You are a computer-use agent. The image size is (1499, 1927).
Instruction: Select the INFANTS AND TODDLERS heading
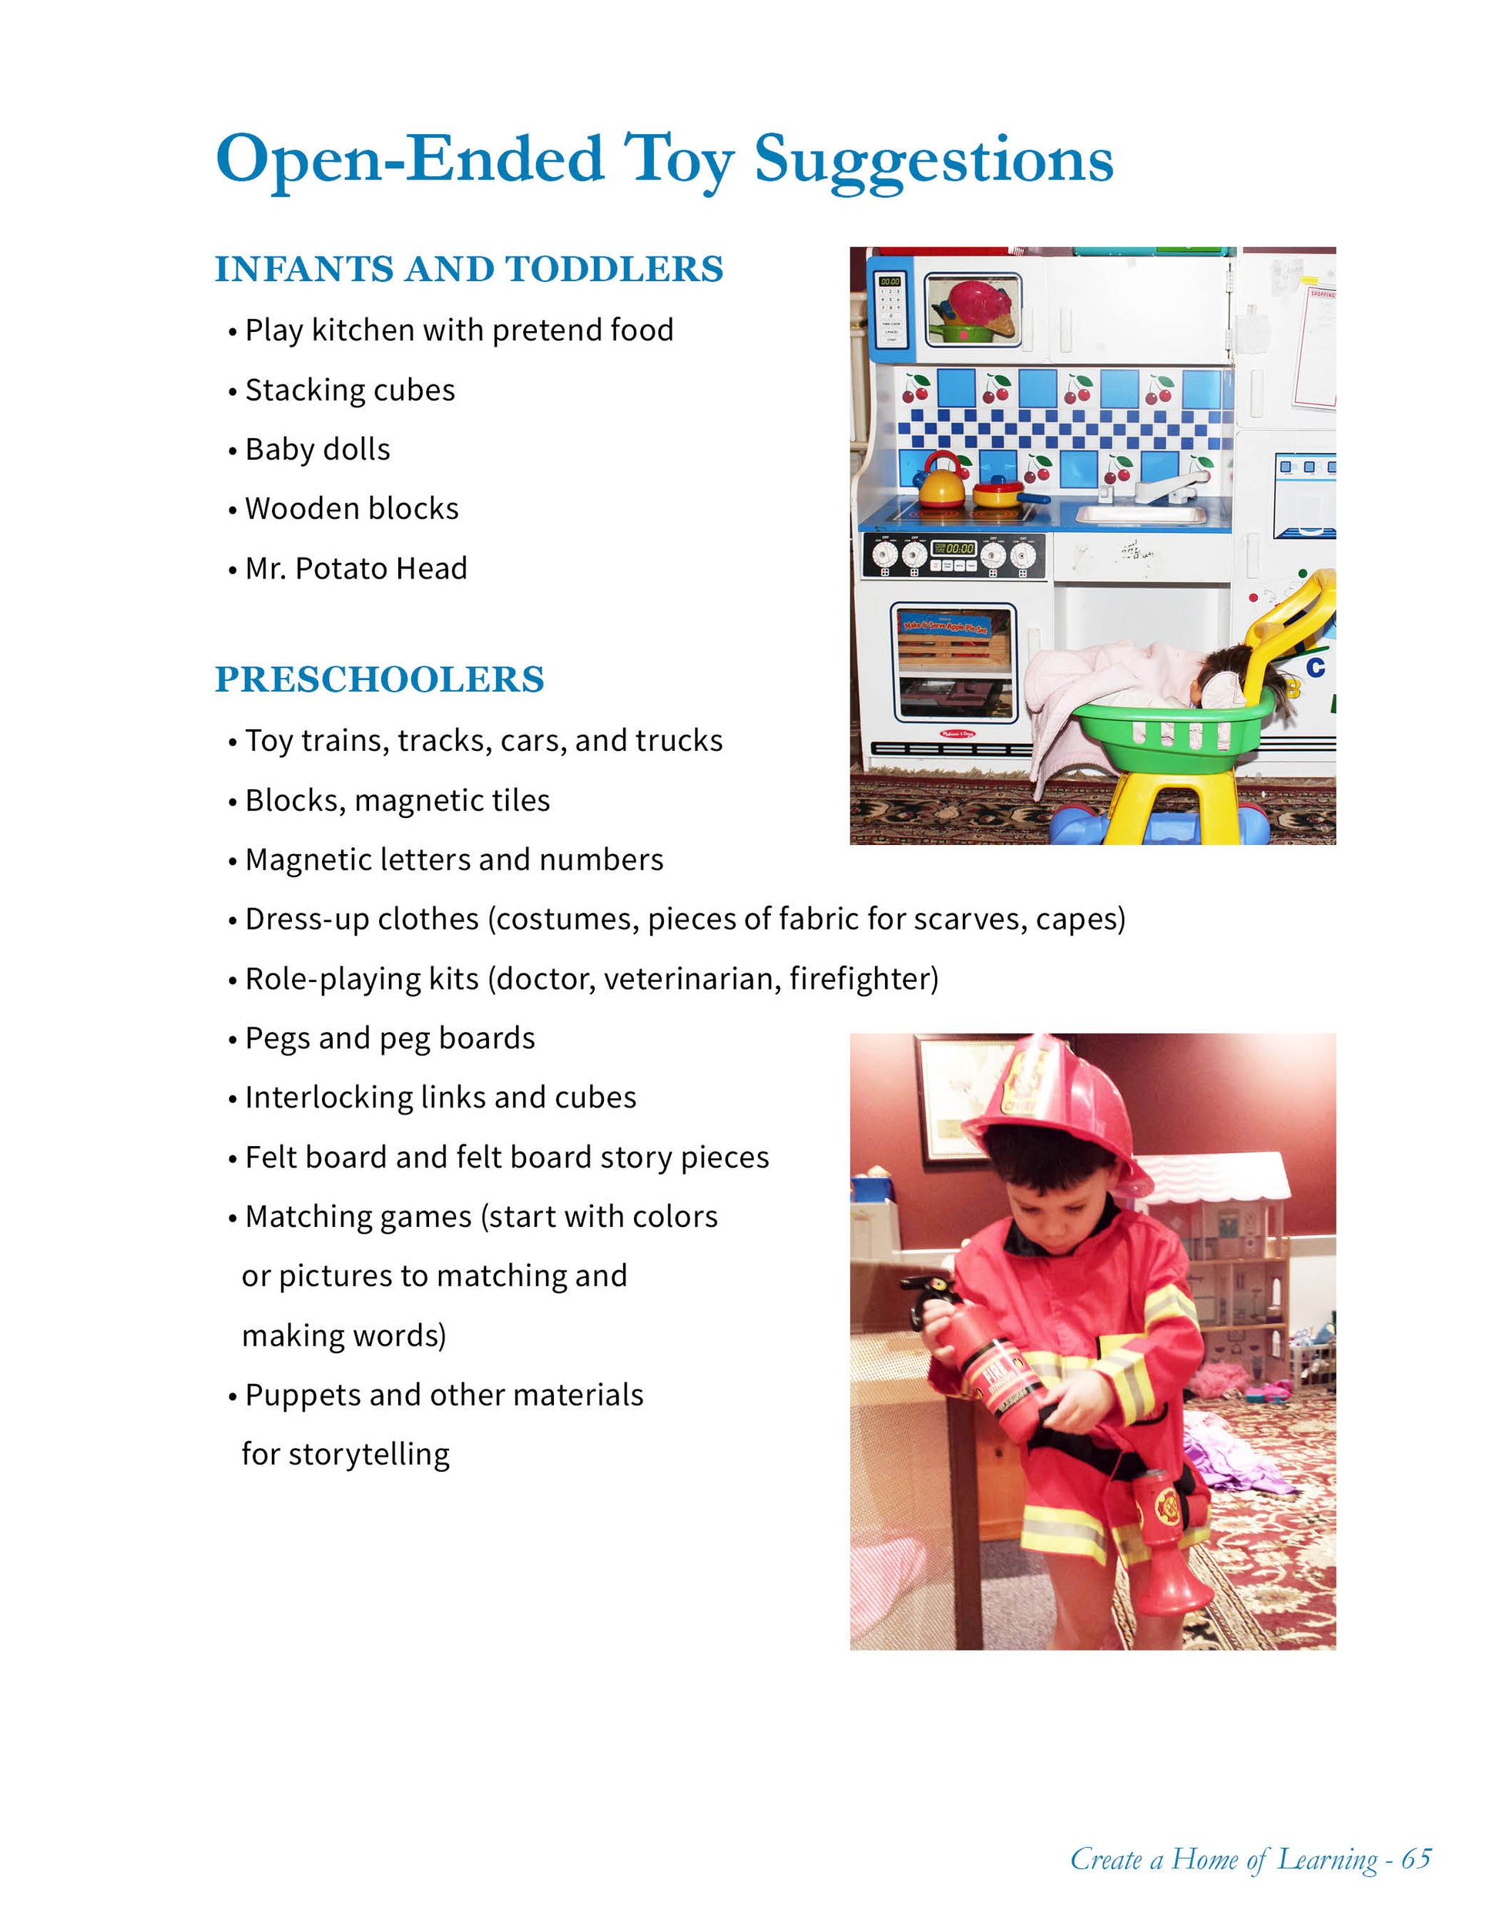point(468,269)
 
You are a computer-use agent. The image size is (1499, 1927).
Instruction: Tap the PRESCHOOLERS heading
point(380,679)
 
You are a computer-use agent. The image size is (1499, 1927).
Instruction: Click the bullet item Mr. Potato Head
point(356,569)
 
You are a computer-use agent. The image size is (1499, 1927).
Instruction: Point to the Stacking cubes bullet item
point(350,390)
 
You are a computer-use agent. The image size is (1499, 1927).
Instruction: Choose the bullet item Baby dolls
point(317,449)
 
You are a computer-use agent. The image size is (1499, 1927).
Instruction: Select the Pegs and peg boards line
point(390,1038)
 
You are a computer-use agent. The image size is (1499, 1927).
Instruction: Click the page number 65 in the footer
point(1416,1859)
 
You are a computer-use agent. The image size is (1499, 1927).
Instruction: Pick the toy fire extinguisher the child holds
point(988,1363)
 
